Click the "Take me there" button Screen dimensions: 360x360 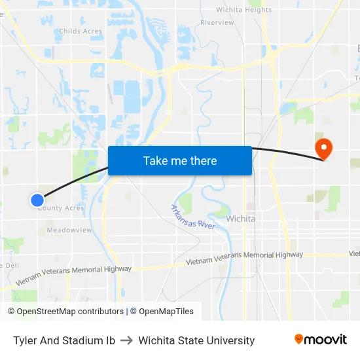pyautogui.click(x=180, y=161)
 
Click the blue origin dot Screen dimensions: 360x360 pyautogui.click(x=37, y=200)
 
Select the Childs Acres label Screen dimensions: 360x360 pyautogui.click(x=80, y=31)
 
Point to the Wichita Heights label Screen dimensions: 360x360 pyautogui.click(x=244, y=10)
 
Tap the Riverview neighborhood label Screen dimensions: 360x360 pyautogui.click(x=217, y=22)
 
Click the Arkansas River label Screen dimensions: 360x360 pyautogui.click(x=193, y=217)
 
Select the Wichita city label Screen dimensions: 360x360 pyautogui.click(x=240, y=219)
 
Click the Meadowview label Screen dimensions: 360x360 pyautogui.click(x=69, y=230)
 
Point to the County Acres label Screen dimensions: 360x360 pyautogui.click(x=62, y=208)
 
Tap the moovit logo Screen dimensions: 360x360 pyautogui.click(x=320, y=339)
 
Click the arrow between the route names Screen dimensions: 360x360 pyautogui.click(x=126, y=340)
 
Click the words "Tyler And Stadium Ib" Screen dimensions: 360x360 pyautogui.click(x=64, y=340)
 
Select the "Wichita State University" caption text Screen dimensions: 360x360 pyautogui.click(x=196, y=340)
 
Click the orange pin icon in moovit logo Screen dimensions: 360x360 pyautogui.click(x=299, y=339)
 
